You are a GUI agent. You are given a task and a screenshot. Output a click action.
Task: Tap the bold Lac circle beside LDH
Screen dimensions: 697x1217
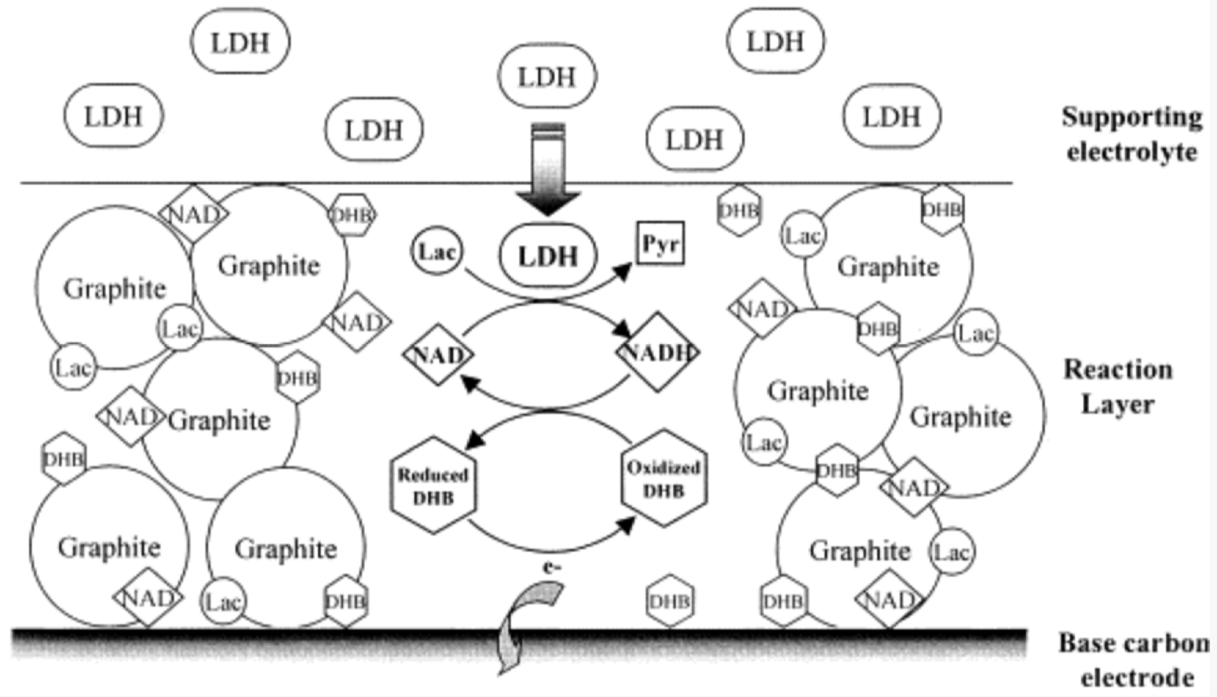[436, 251]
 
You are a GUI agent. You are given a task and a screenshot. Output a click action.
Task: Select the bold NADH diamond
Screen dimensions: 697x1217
[658, 352]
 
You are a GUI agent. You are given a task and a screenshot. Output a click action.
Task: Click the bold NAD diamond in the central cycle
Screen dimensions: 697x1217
[438, 355]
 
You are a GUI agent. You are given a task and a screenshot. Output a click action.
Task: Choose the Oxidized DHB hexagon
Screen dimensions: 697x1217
[664, 478]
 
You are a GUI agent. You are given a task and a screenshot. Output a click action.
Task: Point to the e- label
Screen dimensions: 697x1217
[552, 568]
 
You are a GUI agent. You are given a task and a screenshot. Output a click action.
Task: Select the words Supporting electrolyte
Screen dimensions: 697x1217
[1132, 134]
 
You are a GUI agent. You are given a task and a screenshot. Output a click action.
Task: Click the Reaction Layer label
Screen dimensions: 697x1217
[1118, 387]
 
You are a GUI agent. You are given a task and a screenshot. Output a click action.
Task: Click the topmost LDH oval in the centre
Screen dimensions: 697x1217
[547, 76]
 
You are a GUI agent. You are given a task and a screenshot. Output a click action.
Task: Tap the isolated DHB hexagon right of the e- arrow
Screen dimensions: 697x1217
[670, 601]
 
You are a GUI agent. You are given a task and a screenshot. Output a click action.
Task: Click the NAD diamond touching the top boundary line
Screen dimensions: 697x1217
[194, 214]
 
